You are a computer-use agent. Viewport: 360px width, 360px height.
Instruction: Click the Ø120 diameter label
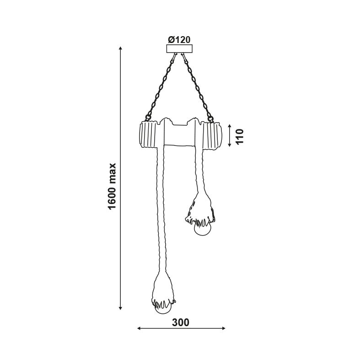(179, 40)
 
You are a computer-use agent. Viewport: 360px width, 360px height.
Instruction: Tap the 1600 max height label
(113, 187)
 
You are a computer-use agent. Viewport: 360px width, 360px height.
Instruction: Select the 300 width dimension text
(181, 322)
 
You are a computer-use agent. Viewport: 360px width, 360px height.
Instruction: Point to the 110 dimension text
(240, 136)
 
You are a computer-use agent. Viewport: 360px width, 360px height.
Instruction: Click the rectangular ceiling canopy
(179, 48)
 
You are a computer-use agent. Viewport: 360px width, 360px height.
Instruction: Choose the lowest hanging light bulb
(162, 308)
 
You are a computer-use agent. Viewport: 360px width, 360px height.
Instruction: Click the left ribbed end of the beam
(149, 136)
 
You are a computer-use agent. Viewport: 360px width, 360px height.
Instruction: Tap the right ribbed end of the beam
(212, 135)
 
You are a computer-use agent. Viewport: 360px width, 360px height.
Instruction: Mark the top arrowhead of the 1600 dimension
(120, 48)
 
